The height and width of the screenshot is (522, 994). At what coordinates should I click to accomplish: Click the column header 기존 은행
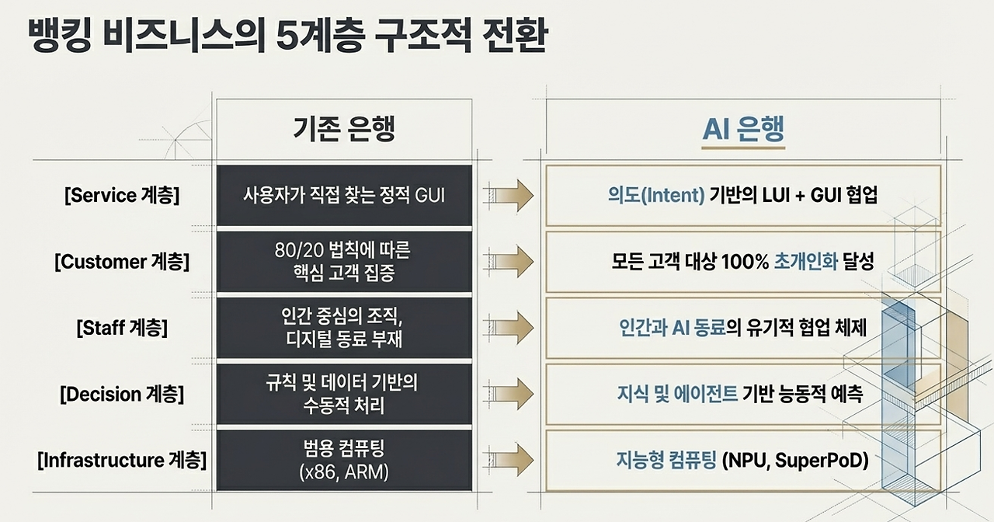(344, 130)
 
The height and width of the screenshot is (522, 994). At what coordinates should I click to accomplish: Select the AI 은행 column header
(743, 130)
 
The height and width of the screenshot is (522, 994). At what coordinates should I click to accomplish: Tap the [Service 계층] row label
(122, 195)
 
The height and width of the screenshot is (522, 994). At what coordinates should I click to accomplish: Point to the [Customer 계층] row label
(122, 262)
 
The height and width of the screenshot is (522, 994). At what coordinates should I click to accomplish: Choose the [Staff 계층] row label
(122, 328)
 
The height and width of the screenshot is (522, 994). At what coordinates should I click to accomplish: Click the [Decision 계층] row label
(122, 394)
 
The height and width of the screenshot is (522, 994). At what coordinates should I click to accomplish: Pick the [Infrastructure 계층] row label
(122, 460)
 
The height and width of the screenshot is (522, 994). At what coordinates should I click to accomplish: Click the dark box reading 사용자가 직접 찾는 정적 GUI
(344, 195)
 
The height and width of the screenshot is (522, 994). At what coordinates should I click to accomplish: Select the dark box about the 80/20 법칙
(344, 262)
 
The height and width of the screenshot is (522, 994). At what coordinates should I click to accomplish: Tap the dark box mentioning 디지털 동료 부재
(344, 328)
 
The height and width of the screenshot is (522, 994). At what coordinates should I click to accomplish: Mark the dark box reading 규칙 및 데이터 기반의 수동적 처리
(344, 394)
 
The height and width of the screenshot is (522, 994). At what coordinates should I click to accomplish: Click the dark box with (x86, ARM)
(344, 460)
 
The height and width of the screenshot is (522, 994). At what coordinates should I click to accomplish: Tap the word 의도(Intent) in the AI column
(656, 195)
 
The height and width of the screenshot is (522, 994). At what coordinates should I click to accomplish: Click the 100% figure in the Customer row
(744, 262)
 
